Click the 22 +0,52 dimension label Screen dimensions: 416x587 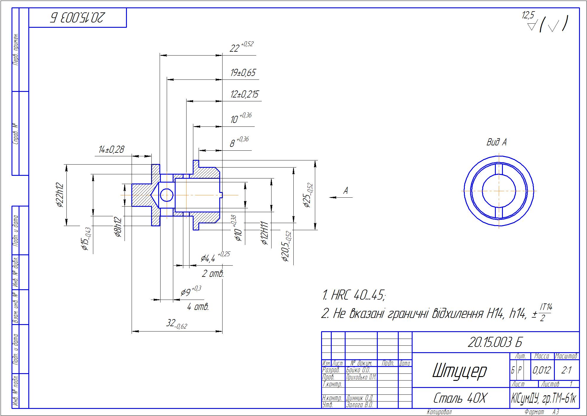(241, 47)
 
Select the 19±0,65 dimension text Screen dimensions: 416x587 (243, 73)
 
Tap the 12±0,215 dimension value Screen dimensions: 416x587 (244, 94)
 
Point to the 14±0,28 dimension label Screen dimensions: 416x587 (111, 149)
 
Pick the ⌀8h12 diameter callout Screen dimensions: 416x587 (118, 227)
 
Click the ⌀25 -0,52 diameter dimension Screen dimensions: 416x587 (308, 195)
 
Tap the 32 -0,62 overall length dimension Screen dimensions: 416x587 (176, 324)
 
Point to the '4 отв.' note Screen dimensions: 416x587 (198, 307)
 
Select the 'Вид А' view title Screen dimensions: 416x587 (496, 142)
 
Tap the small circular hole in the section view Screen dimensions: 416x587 (166, 195)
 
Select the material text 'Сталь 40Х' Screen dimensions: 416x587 (459, 398)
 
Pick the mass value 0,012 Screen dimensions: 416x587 (542, 370)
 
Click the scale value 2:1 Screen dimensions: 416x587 (566, 370)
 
